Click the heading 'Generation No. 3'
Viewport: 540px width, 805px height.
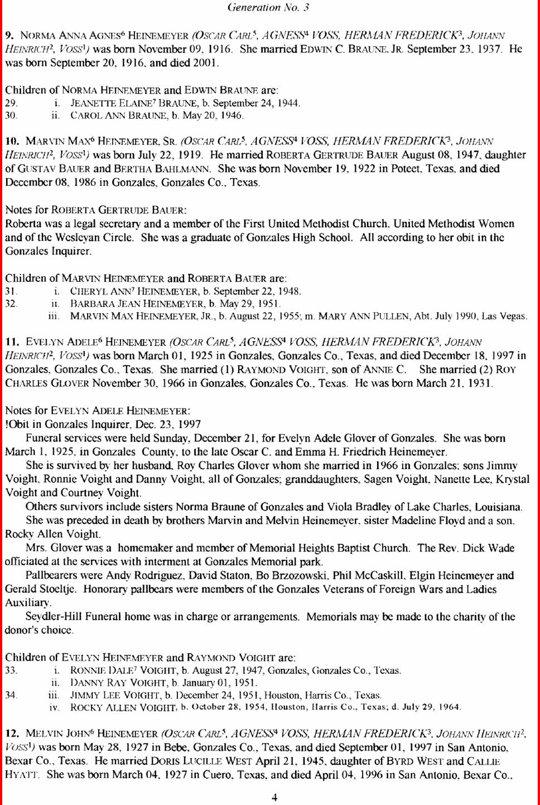tap(268, 7)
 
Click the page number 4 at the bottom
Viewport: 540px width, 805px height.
tap(274, 797)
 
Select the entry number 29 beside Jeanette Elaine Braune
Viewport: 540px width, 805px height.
tap(11, 103)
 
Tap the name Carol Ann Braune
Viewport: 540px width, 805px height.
tap(118, 116)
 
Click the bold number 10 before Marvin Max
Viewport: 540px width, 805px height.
tap(12, 141)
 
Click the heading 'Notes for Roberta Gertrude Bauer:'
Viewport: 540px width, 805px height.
tap(96, 210)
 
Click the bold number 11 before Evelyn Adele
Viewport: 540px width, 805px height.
tap(12, 342)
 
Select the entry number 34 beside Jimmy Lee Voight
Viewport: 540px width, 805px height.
tap(11, 695)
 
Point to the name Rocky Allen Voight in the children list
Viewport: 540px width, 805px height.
tap(123, 708)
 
